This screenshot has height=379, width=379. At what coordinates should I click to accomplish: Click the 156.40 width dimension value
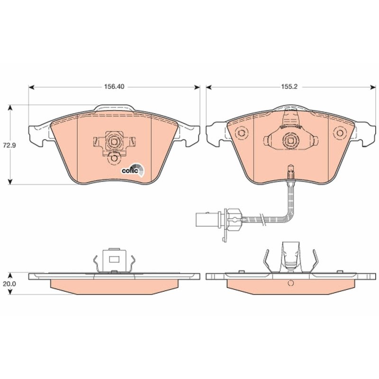(x=114, y=87)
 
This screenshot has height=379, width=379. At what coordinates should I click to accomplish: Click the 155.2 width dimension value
(x=289, y=87)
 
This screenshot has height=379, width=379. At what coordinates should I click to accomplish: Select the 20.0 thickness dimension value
(x=9, y=284)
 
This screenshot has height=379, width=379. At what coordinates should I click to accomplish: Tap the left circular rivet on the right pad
(x=241, y=133)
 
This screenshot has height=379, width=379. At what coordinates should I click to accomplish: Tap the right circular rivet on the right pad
(x=340, y=133)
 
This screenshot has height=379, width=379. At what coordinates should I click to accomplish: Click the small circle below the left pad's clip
(x=113, y=158)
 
